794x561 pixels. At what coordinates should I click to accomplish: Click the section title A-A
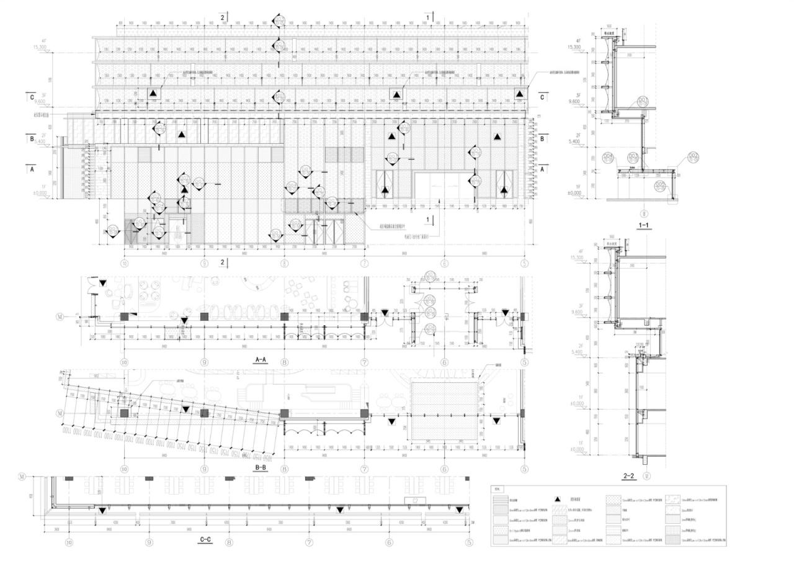pos(261,359)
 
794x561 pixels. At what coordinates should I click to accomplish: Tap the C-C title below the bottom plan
pos(205,540)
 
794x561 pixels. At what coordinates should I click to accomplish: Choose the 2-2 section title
pos(628,476)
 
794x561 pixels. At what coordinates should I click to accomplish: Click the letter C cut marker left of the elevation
pos(30,97)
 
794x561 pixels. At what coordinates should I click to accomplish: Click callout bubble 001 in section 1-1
pos(643,100)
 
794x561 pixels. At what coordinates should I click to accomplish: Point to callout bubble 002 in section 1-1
pos(693,156)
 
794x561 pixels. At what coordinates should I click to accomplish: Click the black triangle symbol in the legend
pos(558,498)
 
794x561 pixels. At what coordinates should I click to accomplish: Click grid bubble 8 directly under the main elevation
pos(284,263)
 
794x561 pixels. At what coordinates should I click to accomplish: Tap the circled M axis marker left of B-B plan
pos(60,413)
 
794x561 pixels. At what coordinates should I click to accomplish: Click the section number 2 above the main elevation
pos(222,17)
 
